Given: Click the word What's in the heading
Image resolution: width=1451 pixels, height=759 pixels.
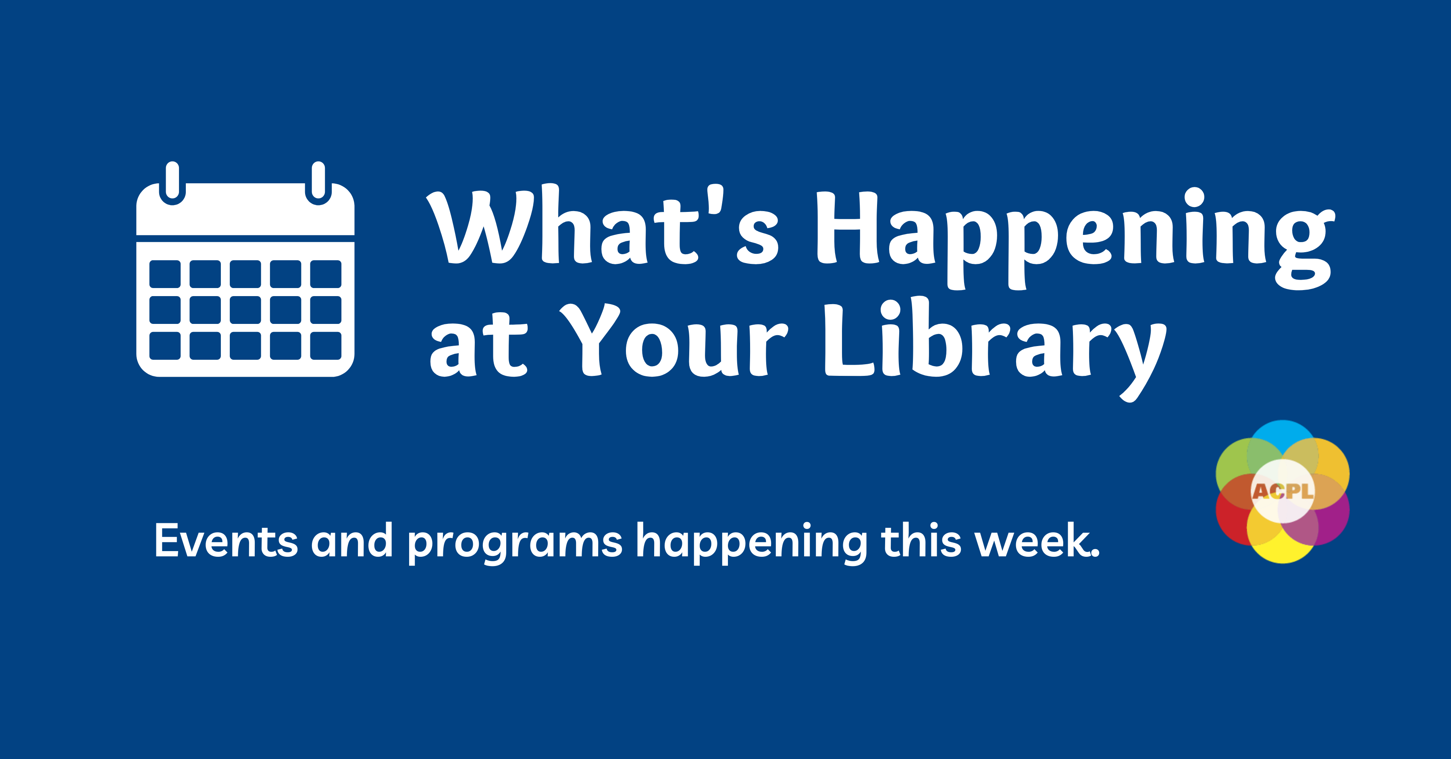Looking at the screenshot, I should pyautogui.click(x=603, y=228).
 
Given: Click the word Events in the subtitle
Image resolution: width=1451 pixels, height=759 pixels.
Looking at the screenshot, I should pyautogui.click(x=225, y=541).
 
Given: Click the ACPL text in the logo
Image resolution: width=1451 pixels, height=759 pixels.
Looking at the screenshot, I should pyautogui.click(x=1283, y=491).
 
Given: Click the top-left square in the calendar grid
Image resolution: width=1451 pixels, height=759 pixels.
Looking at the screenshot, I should pyautogui.click(x=165, y=274).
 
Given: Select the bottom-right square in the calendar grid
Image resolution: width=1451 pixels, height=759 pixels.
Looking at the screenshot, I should pyautogui.click(x=326, y=345).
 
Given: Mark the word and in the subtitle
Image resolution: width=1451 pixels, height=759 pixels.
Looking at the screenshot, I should pyautogui.click(x=351, y=541).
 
